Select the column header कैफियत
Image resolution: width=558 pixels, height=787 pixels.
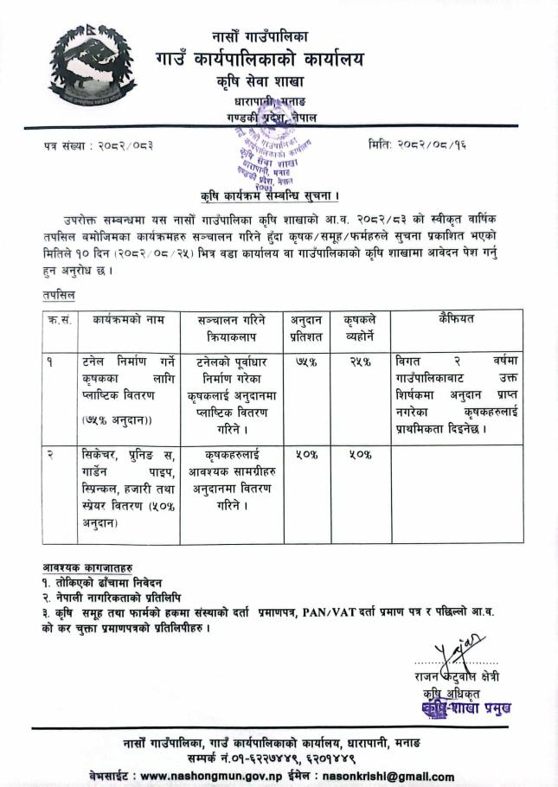457,318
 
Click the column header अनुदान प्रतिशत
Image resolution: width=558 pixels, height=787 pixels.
309,326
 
